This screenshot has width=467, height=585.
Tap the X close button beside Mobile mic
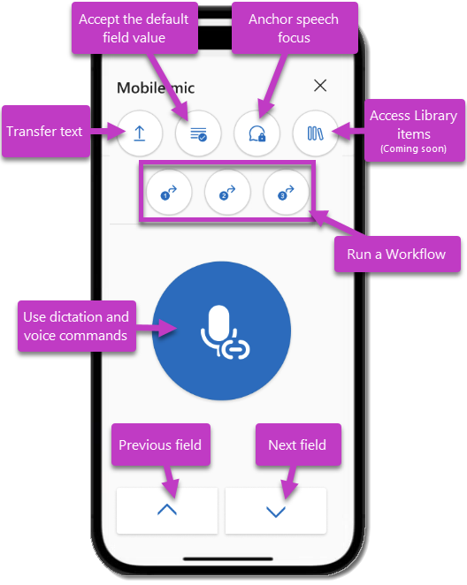320,86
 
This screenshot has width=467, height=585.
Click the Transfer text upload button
140,133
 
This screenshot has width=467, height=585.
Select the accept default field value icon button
198,134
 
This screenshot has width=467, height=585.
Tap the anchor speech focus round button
256,134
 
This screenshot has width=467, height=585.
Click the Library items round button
316,134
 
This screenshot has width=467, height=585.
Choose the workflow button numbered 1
169,192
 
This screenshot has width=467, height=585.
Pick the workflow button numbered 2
227,192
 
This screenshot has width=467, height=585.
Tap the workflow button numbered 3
286,192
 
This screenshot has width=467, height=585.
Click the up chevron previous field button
166,510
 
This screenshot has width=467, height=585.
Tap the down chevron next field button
276,510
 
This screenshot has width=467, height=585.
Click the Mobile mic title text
156,87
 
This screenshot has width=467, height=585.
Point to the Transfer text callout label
45,132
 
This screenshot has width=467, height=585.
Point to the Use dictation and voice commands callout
75,325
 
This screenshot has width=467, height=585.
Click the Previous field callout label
160,444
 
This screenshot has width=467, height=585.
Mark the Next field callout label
297,444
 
